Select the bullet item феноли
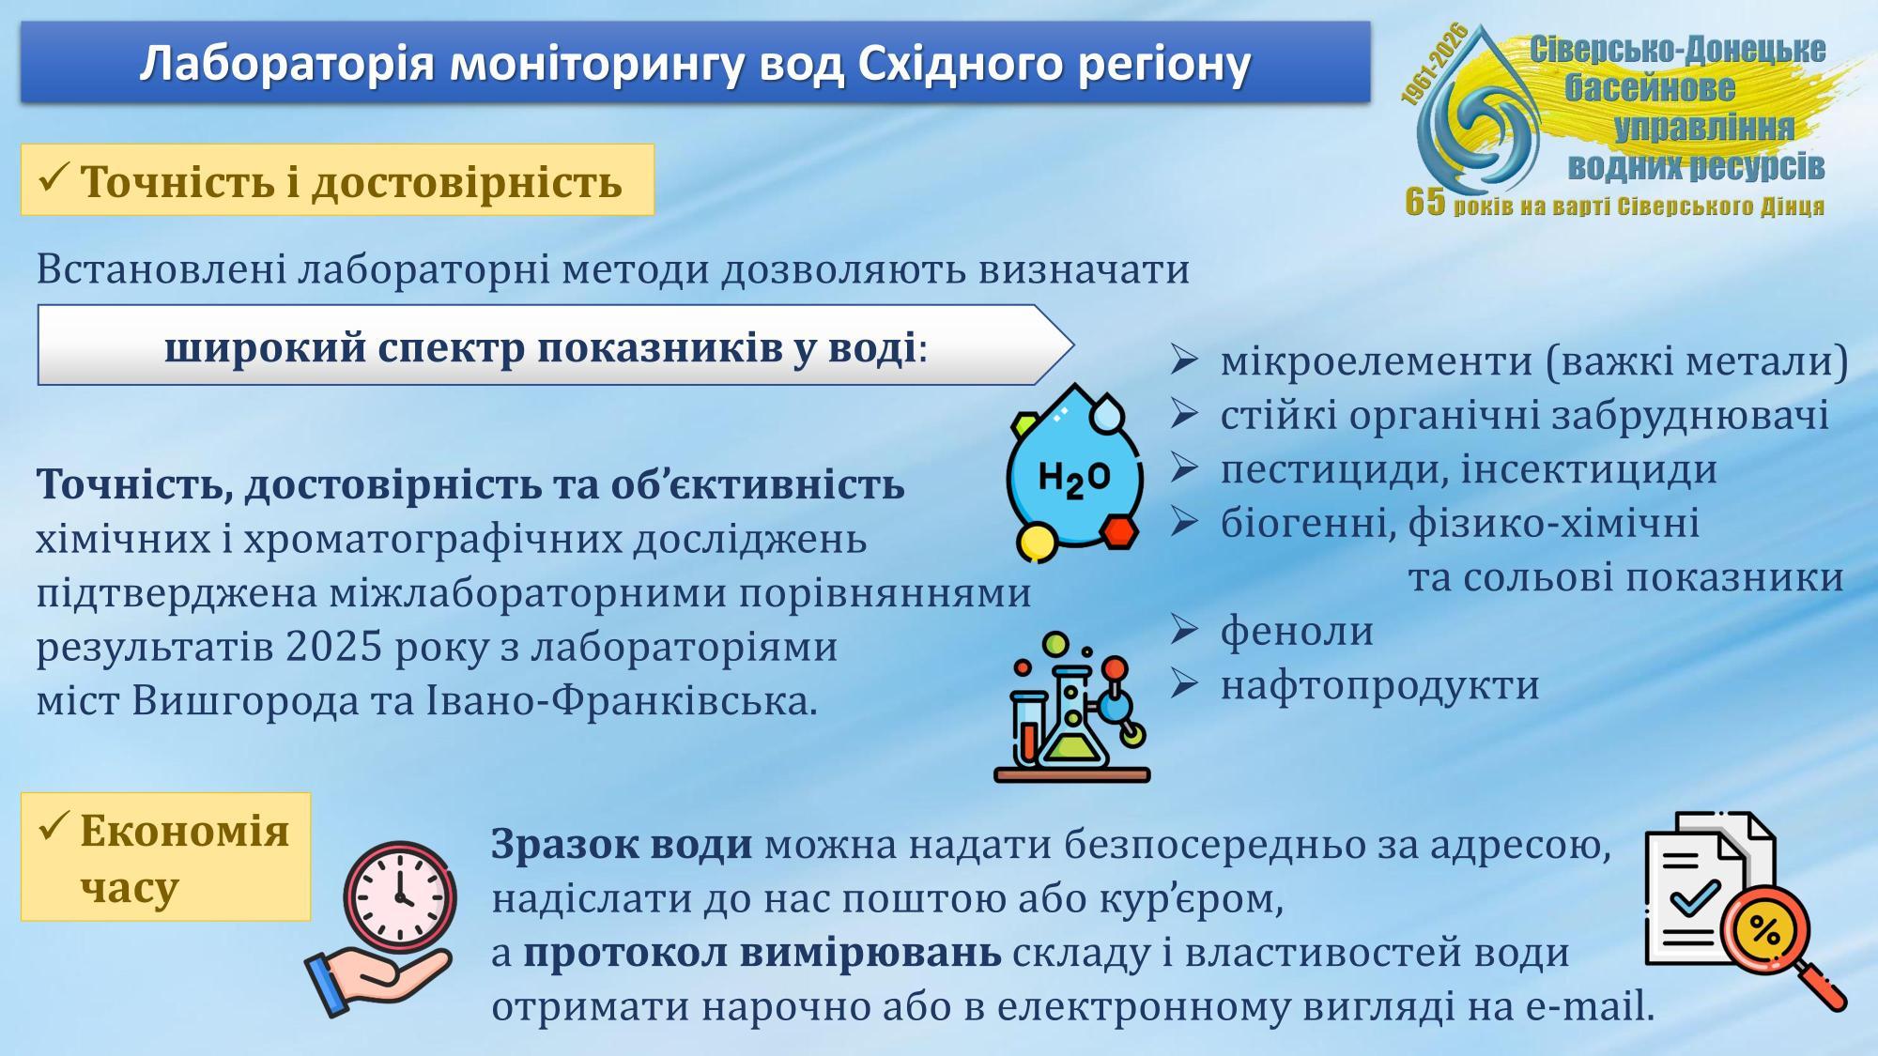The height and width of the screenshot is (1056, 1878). pos(1297,631)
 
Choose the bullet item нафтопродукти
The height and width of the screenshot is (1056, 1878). pos(1379,685)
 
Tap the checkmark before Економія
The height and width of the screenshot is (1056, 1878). pos(54,827)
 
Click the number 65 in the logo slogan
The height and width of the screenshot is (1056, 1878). pos(1425,201)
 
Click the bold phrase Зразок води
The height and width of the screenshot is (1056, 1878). pos(622,845)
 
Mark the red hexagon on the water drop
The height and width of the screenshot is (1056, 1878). pos(1119,532)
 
